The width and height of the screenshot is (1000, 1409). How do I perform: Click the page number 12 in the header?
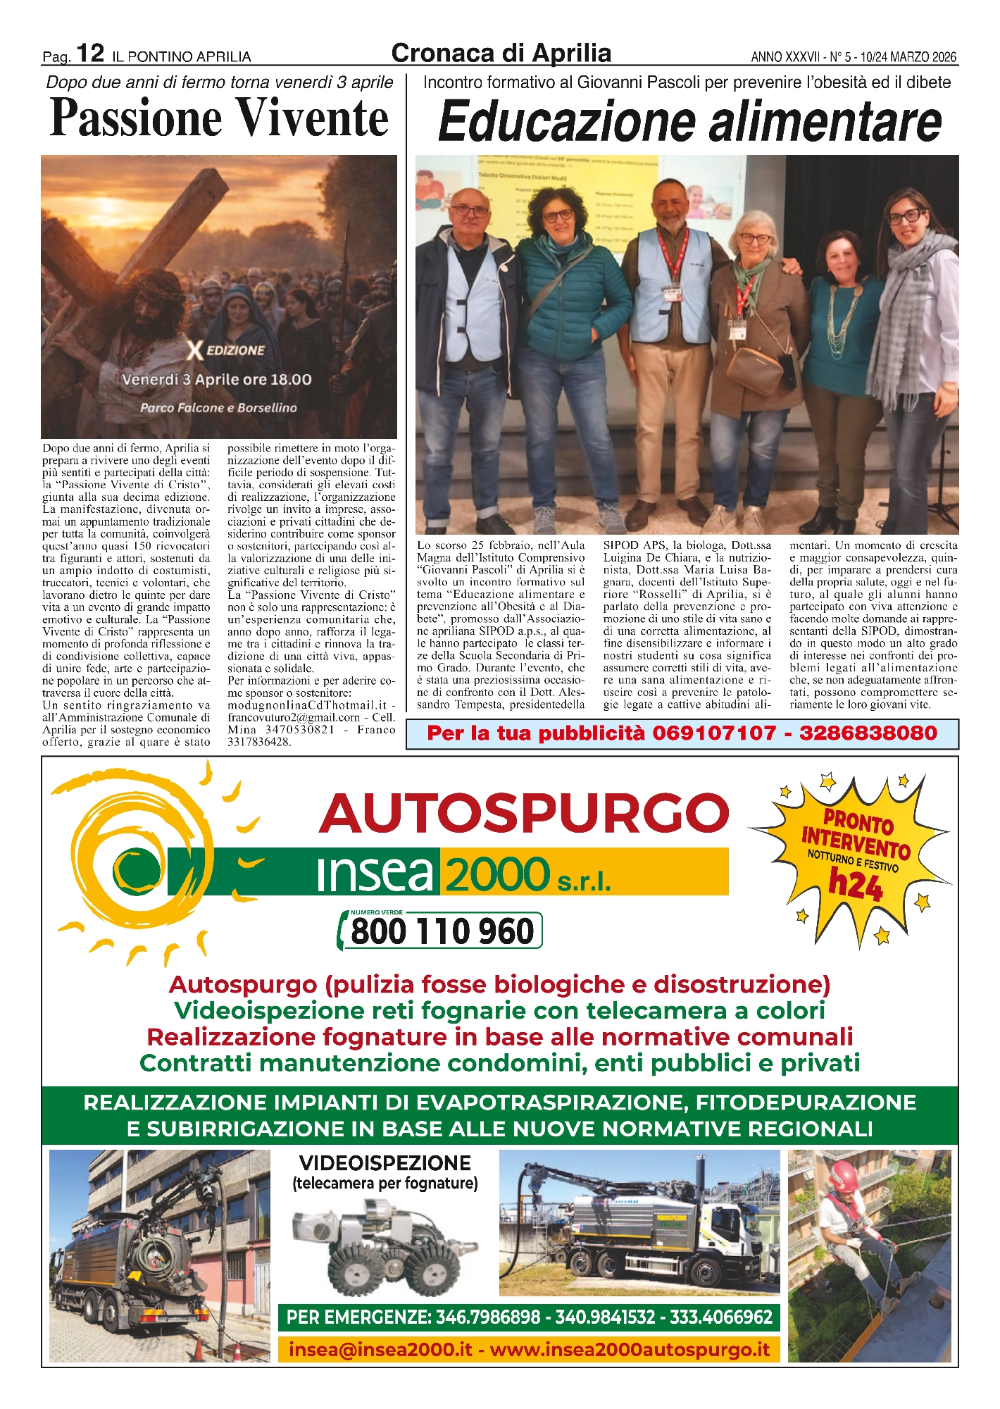(90, 53)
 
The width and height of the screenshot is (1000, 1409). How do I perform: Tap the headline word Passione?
(134, 118)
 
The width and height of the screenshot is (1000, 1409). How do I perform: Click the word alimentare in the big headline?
(825, 122)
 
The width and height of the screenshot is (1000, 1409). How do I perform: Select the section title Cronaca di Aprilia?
(501, 53)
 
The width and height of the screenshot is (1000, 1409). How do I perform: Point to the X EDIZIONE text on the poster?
(225, 350)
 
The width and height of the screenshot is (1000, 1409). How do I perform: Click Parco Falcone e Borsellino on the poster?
(218, 408)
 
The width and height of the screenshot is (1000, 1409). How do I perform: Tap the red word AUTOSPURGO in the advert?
(524, 813)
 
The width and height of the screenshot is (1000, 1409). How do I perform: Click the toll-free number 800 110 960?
(442, 931)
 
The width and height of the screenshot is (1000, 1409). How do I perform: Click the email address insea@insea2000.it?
(380, 1350)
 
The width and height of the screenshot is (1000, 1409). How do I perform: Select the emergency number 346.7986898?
(488, 1317)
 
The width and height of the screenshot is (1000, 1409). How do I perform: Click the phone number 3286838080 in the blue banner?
(868, 733)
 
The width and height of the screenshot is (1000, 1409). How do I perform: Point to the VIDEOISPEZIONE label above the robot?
(385, 1163)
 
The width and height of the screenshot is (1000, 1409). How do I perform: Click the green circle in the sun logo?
(130, 871)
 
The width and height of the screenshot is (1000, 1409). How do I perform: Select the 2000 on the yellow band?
(496, 874)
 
